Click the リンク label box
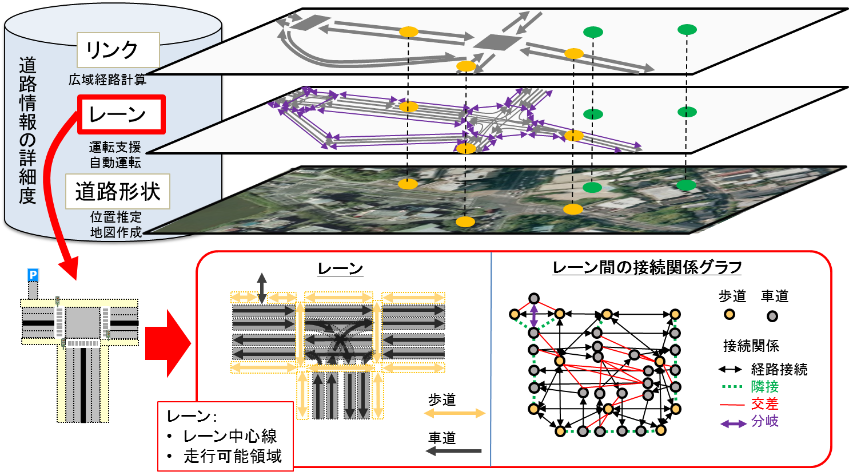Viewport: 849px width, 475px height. [x=118, y=50]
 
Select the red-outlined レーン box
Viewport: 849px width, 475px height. [x=122, y=114]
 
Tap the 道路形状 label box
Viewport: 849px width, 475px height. [x=118, y=192]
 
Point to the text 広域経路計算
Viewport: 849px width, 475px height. [x=107, y=80]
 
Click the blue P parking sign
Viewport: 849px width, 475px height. [x=33, y=275]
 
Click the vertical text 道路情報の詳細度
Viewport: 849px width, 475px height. [x=27, y=130]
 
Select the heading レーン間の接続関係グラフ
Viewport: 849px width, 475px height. [x=647, y=267]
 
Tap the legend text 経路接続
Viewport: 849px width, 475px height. [x=779, y=370]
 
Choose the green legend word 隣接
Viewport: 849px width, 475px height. [x=765, y=387]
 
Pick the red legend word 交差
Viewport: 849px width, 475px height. [x=765, y=404]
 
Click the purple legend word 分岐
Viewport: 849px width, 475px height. [x=765, y=422]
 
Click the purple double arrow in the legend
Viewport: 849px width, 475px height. [x=733, y=424]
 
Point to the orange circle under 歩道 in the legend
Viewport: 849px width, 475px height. [x=729, y=314]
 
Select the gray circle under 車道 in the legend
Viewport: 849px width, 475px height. [x=772, y=316]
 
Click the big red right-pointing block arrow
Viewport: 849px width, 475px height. [x=168, y=344]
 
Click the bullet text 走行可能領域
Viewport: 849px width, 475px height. [x=233, y=456]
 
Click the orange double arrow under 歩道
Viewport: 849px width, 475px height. [x=454, y=413]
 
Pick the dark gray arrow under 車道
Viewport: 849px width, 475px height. [x=455, y=451]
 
